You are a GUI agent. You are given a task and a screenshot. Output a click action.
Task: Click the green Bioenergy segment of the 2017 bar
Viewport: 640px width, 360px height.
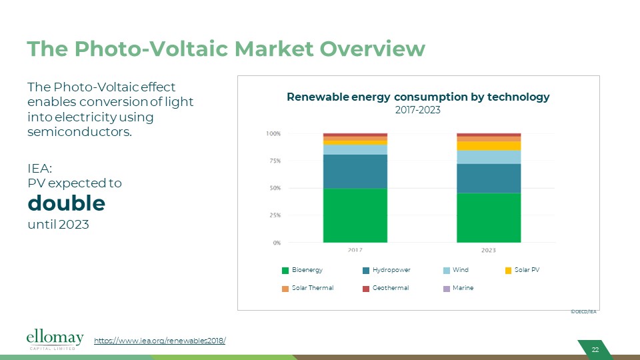pos(355,215)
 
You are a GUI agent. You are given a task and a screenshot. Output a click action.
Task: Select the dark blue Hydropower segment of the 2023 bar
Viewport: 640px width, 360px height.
pos(488,178)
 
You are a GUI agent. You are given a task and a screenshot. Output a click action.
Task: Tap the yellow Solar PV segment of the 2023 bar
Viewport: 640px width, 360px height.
pos(488,145)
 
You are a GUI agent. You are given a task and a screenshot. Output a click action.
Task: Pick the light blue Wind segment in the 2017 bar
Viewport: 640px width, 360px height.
pos(355,149)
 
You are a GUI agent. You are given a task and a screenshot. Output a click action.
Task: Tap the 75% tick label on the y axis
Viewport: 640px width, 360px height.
pos(273,161)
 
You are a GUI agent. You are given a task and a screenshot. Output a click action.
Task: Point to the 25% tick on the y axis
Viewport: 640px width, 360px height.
pos(273,215)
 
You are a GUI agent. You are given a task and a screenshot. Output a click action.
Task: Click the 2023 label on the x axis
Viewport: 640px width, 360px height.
pos(488,250)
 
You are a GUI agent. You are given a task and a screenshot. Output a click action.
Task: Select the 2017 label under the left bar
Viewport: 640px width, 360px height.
pos(355,250)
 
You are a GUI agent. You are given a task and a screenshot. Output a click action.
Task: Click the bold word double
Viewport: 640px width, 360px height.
pos(66,203)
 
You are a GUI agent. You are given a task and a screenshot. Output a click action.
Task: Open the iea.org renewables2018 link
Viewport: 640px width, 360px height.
pos(160,341)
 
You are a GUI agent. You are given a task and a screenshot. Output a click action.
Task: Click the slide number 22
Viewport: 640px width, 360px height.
pos(595,350)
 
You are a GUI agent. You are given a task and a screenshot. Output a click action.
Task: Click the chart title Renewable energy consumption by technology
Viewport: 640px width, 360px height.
pos(418,97)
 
